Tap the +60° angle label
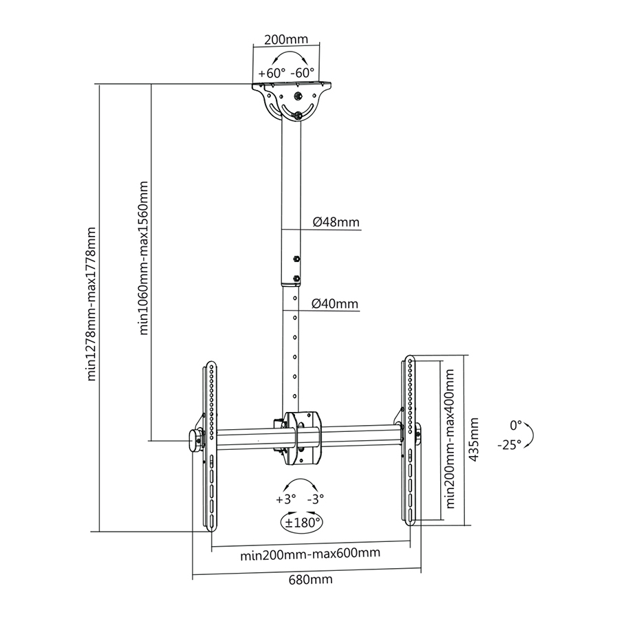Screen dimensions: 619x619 271,73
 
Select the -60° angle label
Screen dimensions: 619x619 303,73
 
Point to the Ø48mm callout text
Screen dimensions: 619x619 336,222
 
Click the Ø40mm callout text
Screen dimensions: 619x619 336,303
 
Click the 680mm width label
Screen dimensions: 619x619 309,579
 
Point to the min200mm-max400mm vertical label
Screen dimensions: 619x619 450,438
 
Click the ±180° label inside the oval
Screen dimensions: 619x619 303,522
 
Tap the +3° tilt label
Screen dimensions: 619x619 285,499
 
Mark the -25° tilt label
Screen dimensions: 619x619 510,444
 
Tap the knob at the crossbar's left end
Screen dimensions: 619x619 193,440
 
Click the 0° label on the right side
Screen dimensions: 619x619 516,424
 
